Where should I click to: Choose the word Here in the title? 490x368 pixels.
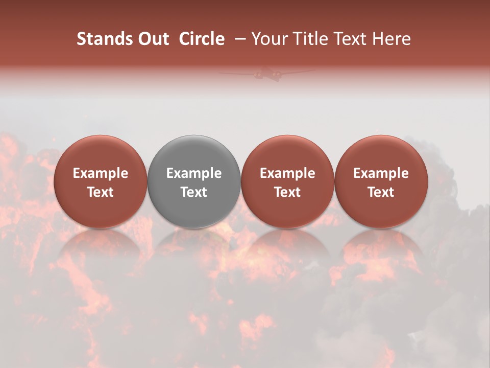tap(390, 39)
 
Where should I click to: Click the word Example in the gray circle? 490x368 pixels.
tap(194, 173)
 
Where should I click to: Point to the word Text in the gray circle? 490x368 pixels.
tap(194, 192)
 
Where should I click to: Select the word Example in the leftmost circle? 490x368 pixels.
tap(100, 173)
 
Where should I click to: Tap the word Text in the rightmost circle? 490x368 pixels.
tap(381, 192)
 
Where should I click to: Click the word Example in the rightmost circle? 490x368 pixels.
tap(381, 173)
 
